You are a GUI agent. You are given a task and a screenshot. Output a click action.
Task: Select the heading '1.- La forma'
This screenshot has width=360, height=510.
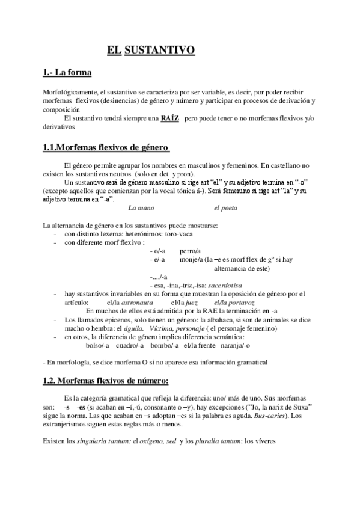67,73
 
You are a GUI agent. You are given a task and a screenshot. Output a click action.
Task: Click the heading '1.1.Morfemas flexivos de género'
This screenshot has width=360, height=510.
106,147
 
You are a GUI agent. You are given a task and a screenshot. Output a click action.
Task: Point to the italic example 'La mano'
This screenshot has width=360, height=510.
141,208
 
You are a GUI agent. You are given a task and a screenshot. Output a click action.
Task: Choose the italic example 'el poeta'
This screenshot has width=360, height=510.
225,208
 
